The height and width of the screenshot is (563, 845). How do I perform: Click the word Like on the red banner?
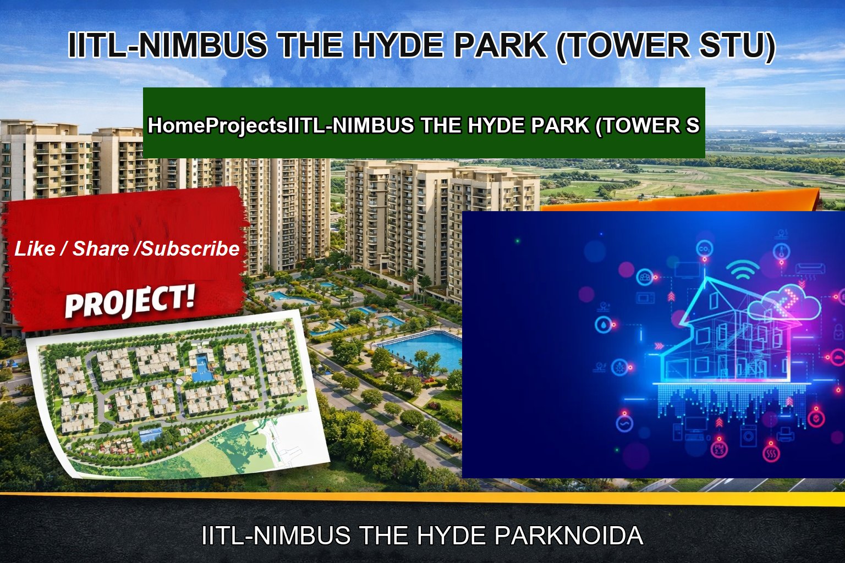tap(34, 249)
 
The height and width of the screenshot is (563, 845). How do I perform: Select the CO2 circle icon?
tap(704, 250)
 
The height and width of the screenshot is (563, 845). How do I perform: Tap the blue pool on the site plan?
tap(202, 363)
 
